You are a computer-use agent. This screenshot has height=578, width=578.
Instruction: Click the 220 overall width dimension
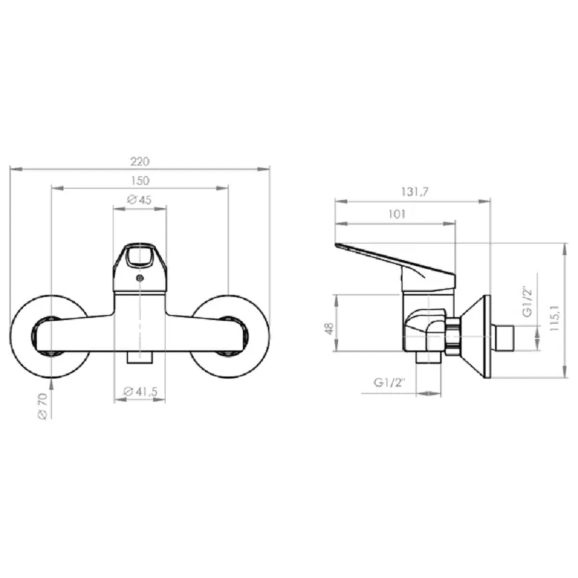click(x=139, y=161)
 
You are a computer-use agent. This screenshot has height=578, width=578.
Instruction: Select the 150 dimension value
click(x=140, y=181)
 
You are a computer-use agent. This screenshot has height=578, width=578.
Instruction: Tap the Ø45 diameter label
click(x=139, y=200)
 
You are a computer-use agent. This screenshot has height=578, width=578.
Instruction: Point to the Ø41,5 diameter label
click(x=140, y=392)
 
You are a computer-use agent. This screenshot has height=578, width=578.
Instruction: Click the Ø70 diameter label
click(x=43, y=406)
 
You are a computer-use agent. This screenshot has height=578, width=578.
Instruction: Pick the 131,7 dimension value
click(x=415, y=192)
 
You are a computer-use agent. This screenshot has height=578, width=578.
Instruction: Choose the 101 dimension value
click(x=397, y=214)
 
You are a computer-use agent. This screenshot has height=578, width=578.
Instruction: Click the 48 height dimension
click(x=329, y=329)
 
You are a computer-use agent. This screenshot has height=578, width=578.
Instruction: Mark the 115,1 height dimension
click(x=554, y=318)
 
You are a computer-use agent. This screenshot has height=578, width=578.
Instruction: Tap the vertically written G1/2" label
click(x=527, y=301)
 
